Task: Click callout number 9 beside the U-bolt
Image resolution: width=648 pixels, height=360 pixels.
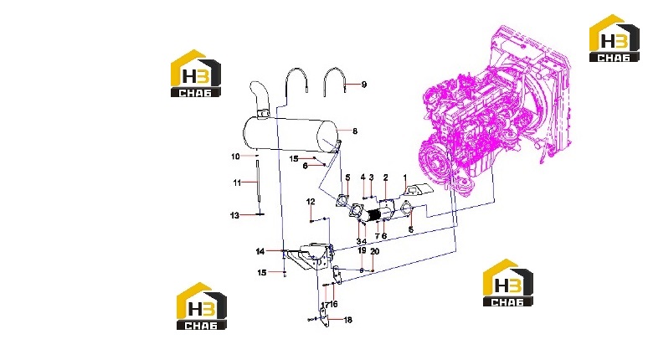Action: tap(363, 85)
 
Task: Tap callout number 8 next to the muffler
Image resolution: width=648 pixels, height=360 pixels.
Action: tap(355, 131)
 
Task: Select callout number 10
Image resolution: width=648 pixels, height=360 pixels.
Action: tap(235, 157)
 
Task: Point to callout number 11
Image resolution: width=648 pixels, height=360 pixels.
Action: tap(237, 183)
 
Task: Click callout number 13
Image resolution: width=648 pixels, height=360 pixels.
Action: tap(234, 215)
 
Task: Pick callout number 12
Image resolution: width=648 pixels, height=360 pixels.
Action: tap(311, 202)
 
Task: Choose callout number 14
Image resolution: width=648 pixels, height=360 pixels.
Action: tap(260, 251)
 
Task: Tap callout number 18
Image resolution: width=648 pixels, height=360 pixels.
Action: tap(348, 320)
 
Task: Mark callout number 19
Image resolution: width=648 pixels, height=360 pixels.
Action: tap(362, 250)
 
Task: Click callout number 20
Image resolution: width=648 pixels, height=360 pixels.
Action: tap(375, 252)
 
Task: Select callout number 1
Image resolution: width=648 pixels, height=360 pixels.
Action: tap(405, 177)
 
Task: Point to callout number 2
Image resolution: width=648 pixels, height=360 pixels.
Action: tap(386, 177)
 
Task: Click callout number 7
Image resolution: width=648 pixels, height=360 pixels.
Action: tap(377, 236)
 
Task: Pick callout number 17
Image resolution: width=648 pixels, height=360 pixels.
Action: tap(325, 305)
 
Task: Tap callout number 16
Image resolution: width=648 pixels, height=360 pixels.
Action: tap(333, 304)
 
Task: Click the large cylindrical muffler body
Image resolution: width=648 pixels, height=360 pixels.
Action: tap(290, 134)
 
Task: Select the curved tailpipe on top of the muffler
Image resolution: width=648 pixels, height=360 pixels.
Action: tap(259, 97)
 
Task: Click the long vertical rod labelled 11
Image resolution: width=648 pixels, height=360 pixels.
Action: tap(259, 181)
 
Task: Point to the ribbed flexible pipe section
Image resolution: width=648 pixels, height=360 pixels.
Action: tap(373, 215)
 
